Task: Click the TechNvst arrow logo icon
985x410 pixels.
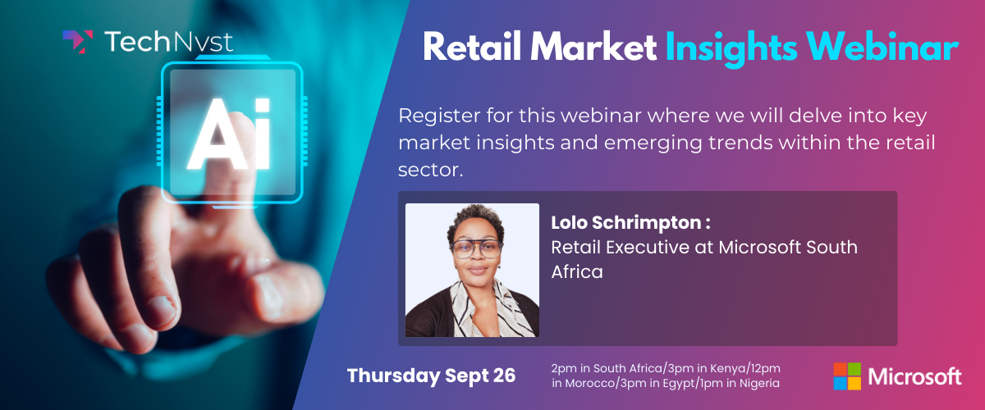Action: tap(78, 42)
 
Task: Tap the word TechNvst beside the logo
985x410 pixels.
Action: tap(169, 42)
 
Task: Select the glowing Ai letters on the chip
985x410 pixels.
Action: tap(230, 134)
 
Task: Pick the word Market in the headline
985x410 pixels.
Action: tap(593, 46)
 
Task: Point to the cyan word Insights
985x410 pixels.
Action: tap(731, 48)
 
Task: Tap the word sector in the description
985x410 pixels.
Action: tap(430, 171)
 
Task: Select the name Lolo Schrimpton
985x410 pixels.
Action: tap(626, 223)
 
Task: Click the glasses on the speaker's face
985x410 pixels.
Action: tap(477, 248)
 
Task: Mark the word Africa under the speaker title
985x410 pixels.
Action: tap(577, 272)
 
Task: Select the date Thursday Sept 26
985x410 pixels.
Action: tap(431, 376)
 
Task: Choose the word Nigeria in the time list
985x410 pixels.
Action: tap(759, 383)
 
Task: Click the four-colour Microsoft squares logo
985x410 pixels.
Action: tap(847, 376)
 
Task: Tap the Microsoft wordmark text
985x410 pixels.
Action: tap(914, 377)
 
